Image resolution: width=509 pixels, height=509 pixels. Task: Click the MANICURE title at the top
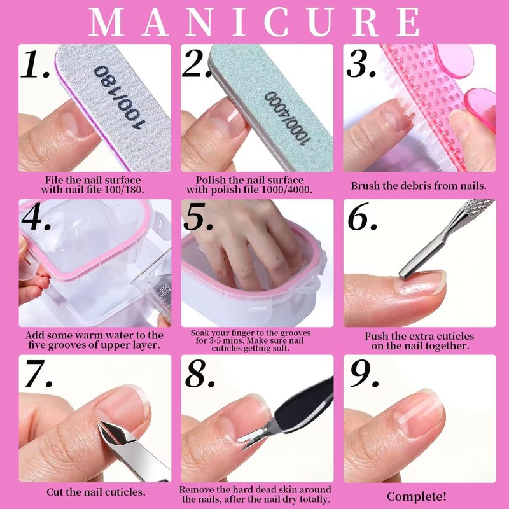[x=254, y=22]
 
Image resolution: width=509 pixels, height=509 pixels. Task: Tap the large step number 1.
[x=35, y=64]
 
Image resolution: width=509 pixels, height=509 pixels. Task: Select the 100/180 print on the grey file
[x=119, y=97]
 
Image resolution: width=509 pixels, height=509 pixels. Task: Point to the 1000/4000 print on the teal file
[x=287, y=118]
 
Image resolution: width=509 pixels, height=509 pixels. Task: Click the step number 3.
[x=361, y=64]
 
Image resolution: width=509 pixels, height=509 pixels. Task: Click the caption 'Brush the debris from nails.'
[x=419, y=186]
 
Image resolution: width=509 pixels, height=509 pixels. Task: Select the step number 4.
[x=36, y=216]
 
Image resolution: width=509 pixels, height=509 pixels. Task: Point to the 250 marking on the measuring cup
[x=165, y=288]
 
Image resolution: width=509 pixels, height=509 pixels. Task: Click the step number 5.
[x=199, y=216]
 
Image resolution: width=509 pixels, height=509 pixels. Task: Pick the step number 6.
[x=362, y=216]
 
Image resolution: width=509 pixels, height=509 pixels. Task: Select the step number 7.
[x=38, y=373]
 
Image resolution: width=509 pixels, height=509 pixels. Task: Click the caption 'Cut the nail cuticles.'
[x=96, y=492]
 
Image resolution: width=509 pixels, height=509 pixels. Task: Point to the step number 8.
[x=200, y=373]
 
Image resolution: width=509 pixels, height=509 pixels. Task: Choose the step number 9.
[x=363, y=373]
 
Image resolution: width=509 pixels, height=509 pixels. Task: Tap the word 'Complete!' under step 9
[x=417, y=496]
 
